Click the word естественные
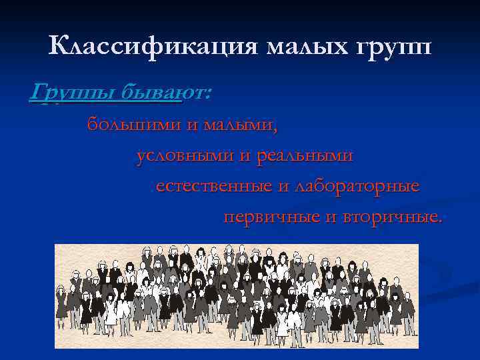213,187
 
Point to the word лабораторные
357,187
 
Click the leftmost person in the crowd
62,303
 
